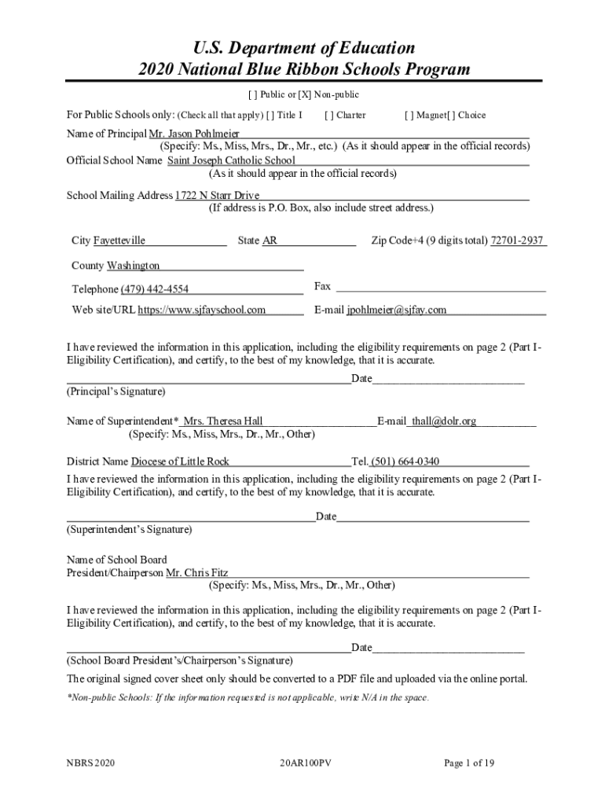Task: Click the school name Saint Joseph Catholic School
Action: [231, 160]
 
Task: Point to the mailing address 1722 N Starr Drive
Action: [217, 195]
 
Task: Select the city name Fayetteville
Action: [119, 241]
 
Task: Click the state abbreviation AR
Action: [269, 241]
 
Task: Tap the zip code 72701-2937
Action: [516, 241]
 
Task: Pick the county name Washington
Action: [133, 266]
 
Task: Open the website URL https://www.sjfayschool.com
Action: [201, 310]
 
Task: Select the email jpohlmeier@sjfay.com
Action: [397, 310]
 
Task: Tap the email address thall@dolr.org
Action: [444, 421]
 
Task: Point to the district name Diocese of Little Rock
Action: [180, 461]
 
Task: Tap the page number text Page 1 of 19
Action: [469, 763]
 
